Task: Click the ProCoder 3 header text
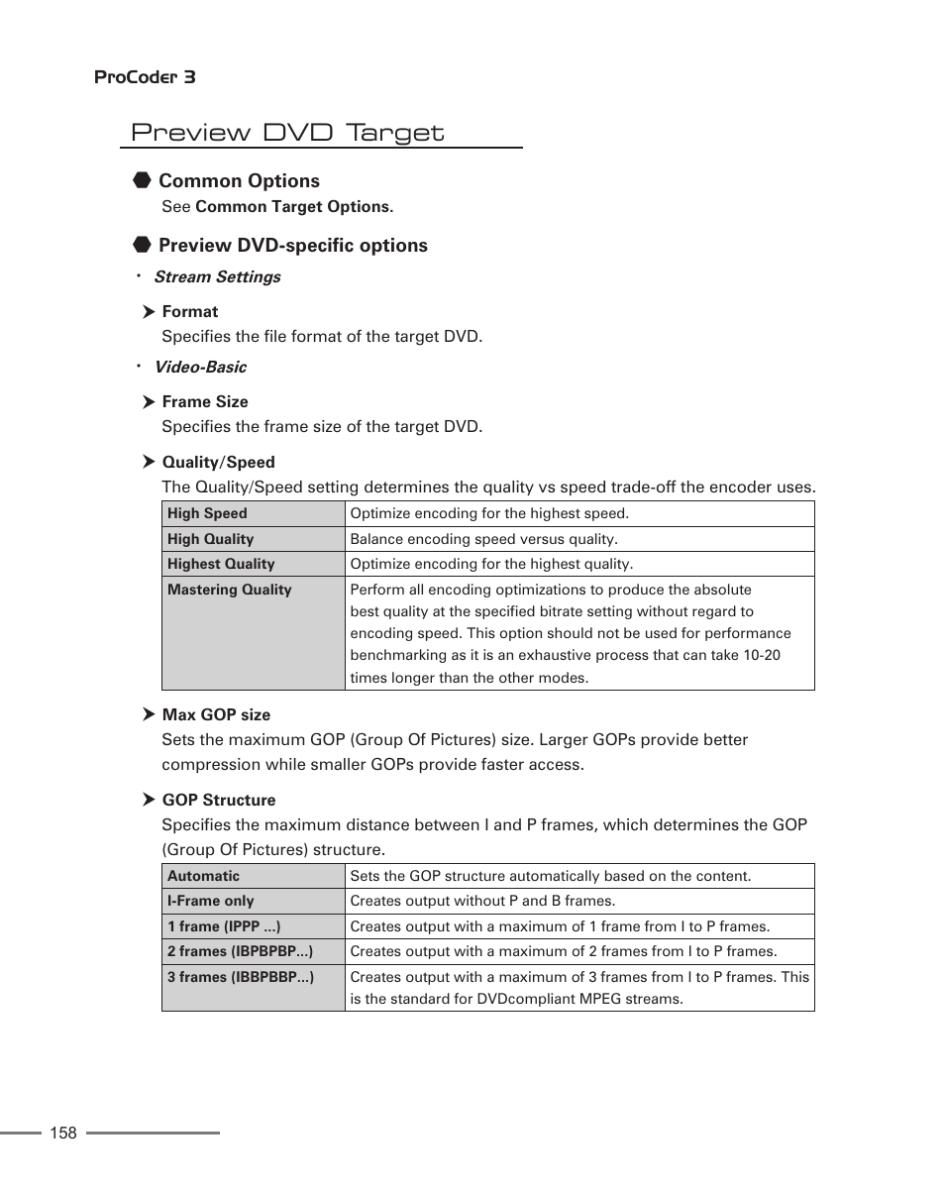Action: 145,77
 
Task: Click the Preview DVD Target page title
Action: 287,133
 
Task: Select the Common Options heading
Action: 239,181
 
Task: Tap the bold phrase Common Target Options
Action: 294,207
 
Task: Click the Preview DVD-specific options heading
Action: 292,246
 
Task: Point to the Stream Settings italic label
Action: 217,277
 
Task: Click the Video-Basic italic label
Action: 200,368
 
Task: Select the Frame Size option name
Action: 205,402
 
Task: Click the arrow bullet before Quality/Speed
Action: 149,462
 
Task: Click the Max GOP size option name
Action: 216,715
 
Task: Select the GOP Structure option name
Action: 219,801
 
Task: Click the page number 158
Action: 63,1134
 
